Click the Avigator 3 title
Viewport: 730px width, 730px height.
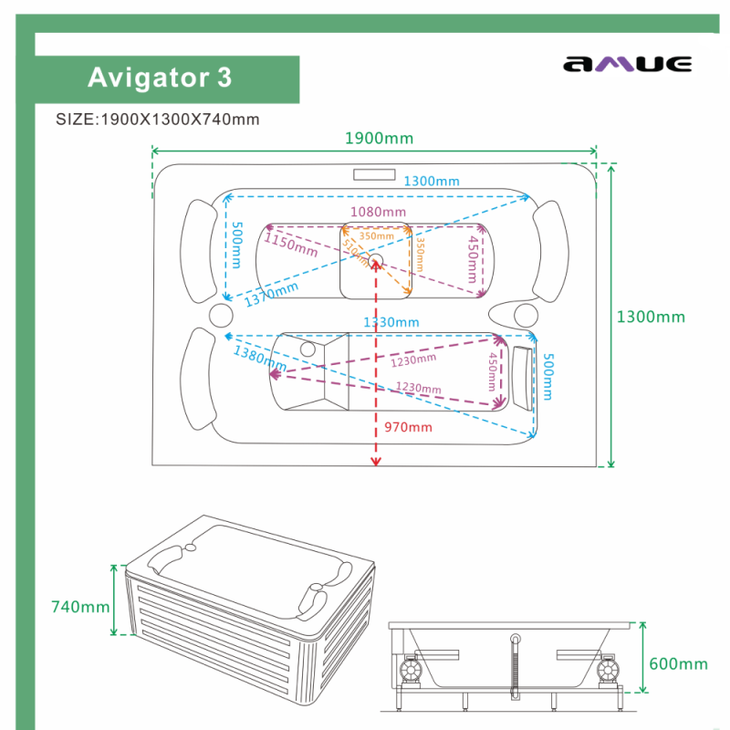coord(160,78)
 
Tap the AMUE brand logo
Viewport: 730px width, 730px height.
coord(628,64)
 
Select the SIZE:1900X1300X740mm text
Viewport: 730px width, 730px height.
coord(158,120)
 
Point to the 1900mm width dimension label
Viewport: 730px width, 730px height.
coord(379,139)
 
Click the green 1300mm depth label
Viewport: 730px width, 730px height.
coord(651,318)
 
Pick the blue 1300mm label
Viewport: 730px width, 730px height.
coord(432,182)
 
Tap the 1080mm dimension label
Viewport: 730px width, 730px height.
coord(378,213)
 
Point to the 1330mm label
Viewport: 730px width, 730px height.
coord(391,322)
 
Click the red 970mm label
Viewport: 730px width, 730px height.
coord(408,427)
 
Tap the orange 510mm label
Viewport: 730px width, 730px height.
coord(358,256)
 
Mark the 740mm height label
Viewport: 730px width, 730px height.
coord(80,607)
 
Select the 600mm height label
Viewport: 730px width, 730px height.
coord(678,664)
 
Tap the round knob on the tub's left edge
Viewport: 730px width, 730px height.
coord(222,316)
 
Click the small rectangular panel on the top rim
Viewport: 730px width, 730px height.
coord(373,174)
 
